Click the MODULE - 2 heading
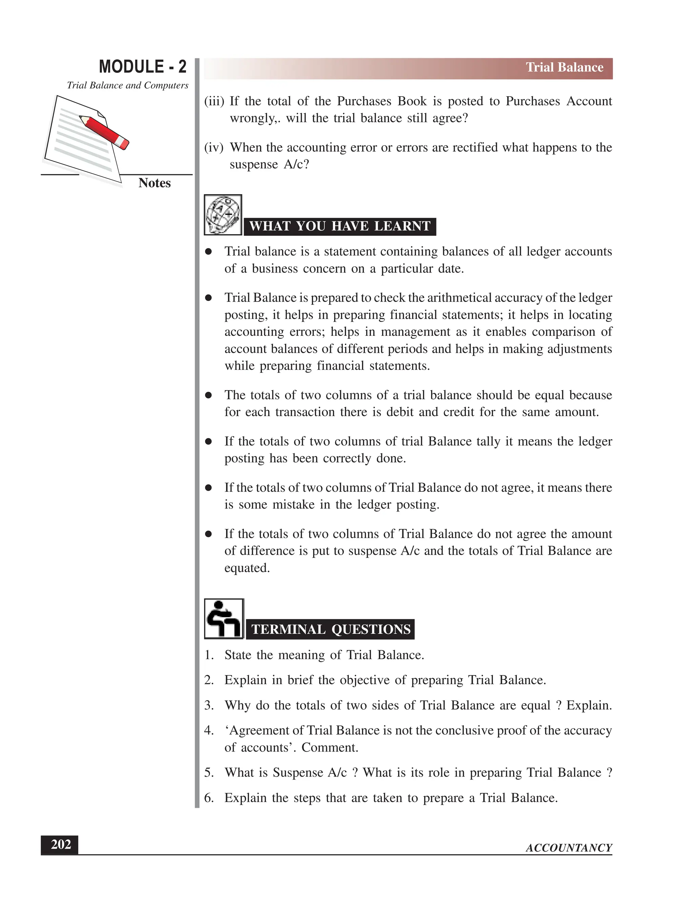pyautogui.click(x=142, y=67)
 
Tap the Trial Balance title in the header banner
pyautogui.click(x=564, y=67)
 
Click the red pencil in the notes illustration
pyautogui.click(x=104, y=131)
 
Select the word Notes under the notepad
pyautogui.click(x=154, y=183)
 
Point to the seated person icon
pyautogui.click(x=224, y=619)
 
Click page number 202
pyautogui.click(x=60, y=844)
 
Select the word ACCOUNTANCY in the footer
pyautogui.click(x=569, y=848)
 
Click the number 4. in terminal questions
pyautogui.click(x=209, y=730)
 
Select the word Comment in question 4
pyautogui.click(x=329, y=747)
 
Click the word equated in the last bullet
pyautogui.click(x=246, y=568)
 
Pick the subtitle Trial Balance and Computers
pyautogui.click(x=127, y=85)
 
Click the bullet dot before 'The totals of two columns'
pyautogui.click(x=208, y=395)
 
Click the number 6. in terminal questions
pyautogui.click(x=209, y=798)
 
